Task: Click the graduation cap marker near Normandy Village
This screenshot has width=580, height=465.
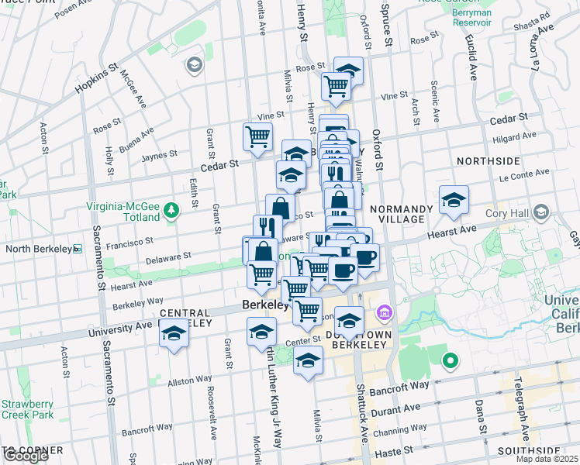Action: tap(454, 201)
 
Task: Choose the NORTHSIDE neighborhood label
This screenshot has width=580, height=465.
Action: tap(488, 161)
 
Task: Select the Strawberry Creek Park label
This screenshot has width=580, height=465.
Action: tap(27, 409)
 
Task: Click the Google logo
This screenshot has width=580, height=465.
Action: tap(26, 456)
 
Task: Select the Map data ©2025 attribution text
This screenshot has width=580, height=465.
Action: tap(547, 459)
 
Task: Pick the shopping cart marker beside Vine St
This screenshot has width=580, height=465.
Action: tap(257, 137)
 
